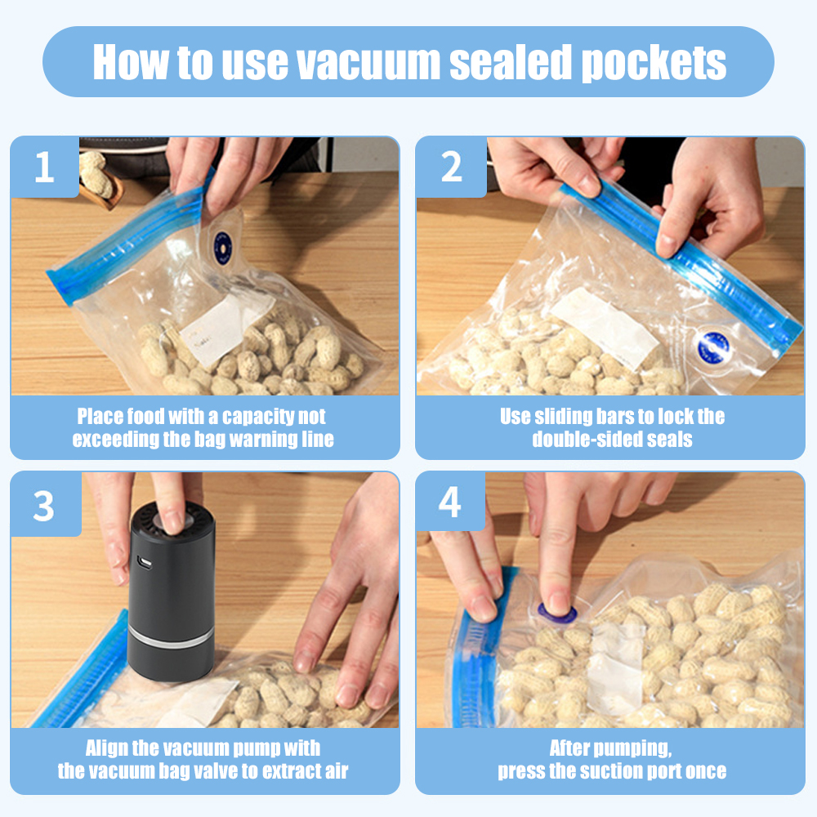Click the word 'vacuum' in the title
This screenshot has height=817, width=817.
tap(368, 63)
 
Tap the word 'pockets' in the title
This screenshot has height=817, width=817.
tap(654, 63)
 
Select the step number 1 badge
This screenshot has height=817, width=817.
tap(45, 167)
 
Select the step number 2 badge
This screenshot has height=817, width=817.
tap(451, 167)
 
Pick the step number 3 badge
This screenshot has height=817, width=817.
tap(44, 504)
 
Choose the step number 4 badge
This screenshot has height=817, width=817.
tap(449, 502)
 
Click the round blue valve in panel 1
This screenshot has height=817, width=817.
tap(223, 248)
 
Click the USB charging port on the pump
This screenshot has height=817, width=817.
tap(145, 563)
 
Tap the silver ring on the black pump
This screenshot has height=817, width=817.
tap(171, 638)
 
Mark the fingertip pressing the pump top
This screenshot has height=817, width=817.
tap(172, 521)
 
